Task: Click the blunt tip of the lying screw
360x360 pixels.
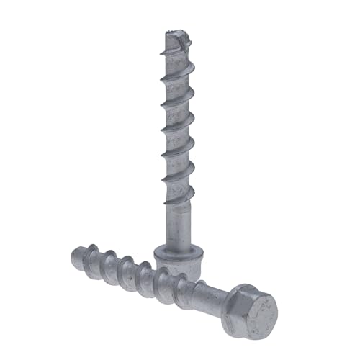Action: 77,258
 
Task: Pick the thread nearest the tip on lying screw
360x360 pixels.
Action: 94,261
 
